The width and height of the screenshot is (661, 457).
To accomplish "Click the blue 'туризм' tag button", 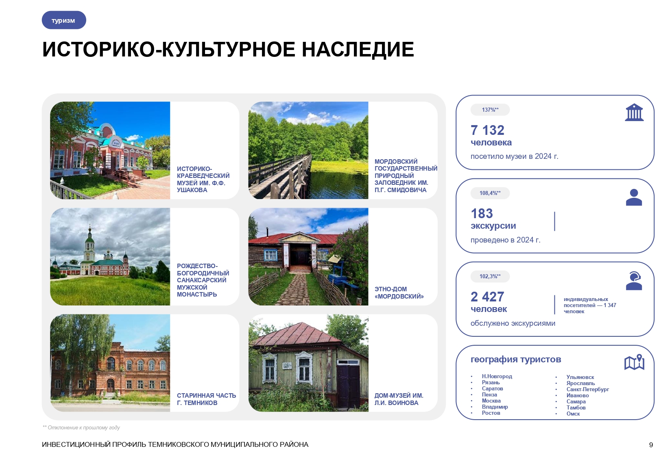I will coord(64,20).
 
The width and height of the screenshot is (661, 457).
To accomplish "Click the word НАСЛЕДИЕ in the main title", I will coord(358,50).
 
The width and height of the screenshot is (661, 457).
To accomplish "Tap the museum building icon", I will coord(634,113).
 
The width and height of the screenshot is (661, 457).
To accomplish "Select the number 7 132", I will coord(487,130).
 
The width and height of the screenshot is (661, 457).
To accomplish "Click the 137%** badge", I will coord(490,110).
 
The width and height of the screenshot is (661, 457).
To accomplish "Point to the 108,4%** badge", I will coord(490,193).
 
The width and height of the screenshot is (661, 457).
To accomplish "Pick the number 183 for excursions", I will coord(482,214).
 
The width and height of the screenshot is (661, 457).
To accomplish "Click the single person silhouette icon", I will coord(633,197).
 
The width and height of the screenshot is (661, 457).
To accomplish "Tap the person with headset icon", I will coord(634,281).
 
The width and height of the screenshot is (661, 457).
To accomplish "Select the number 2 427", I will coord(487,297).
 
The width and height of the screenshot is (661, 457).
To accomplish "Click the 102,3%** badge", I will coord(490,276).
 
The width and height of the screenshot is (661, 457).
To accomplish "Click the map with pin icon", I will coord(634,362).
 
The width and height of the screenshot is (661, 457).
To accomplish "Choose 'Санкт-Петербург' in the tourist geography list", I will coord(587,389).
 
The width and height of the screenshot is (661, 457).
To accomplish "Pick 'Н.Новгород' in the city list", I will coord(497,377).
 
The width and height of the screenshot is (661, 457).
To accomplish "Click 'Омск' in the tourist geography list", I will coord(573,414).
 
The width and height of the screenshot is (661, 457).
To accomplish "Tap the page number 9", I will coord(651,445).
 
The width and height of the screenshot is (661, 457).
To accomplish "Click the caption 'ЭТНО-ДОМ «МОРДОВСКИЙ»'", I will coord(399,292).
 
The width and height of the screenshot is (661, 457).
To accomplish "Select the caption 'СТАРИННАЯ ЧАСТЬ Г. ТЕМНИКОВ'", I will coord(206,399).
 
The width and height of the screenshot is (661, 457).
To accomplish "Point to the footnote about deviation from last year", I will coord(81,427).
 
